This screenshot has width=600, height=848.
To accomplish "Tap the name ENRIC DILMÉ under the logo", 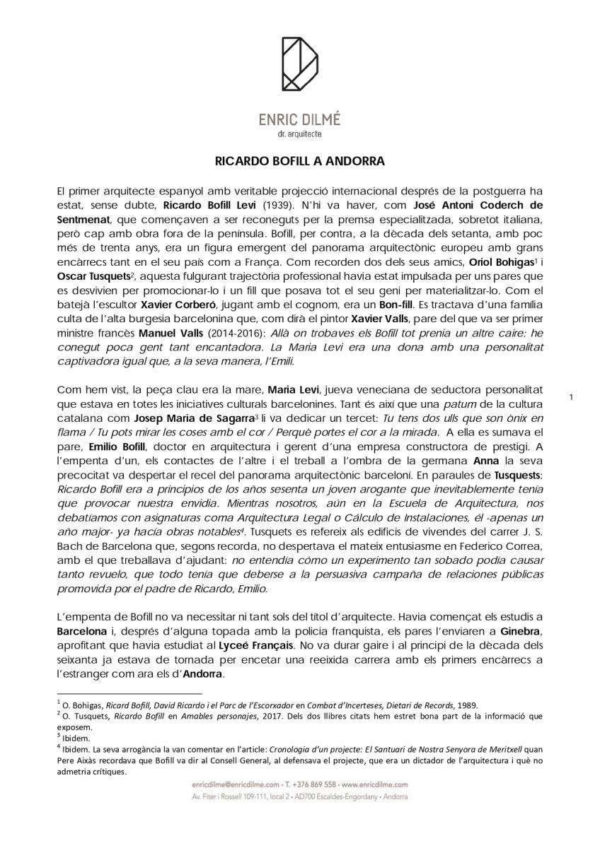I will pos(299,120).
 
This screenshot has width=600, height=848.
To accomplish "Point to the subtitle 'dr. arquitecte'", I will pos(299,134).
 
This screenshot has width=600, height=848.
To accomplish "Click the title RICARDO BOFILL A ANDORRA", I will pos(299,160).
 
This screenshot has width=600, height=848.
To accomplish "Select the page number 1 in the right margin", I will pos(571,398).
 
